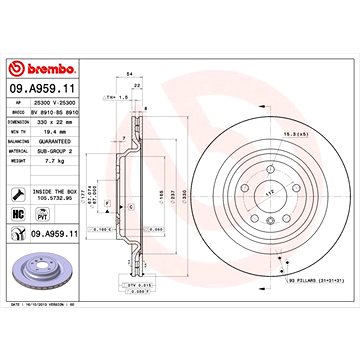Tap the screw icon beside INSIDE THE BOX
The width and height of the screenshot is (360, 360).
22,195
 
